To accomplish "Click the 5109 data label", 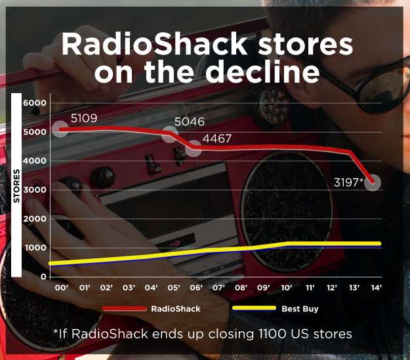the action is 84,119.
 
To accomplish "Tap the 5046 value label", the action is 190,122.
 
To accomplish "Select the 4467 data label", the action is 217,138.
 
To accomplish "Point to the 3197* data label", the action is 349,182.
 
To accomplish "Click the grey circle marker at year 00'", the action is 60,129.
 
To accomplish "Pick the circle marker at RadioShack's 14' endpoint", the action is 373,182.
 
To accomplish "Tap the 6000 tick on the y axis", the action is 35,103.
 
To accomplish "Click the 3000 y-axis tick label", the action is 35,190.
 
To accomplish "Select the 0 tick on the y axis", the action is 43,277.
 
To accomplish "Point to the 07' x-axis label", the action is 218,288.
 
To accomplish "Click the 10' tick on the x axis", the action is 287,288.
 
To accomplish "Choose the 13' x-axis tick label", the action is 354,288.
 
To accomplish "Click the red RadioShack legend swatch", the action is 125,309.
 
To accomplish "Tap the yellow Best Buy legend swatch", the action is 254,308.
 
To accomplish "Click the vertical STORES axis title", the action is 16,186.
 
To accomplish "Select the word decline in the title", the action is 262,71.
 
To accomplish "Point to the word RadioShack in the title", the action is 154,44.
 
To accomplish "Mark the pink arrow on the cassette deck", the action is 175,243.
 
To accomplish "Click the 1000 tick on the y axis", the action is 35,248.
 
